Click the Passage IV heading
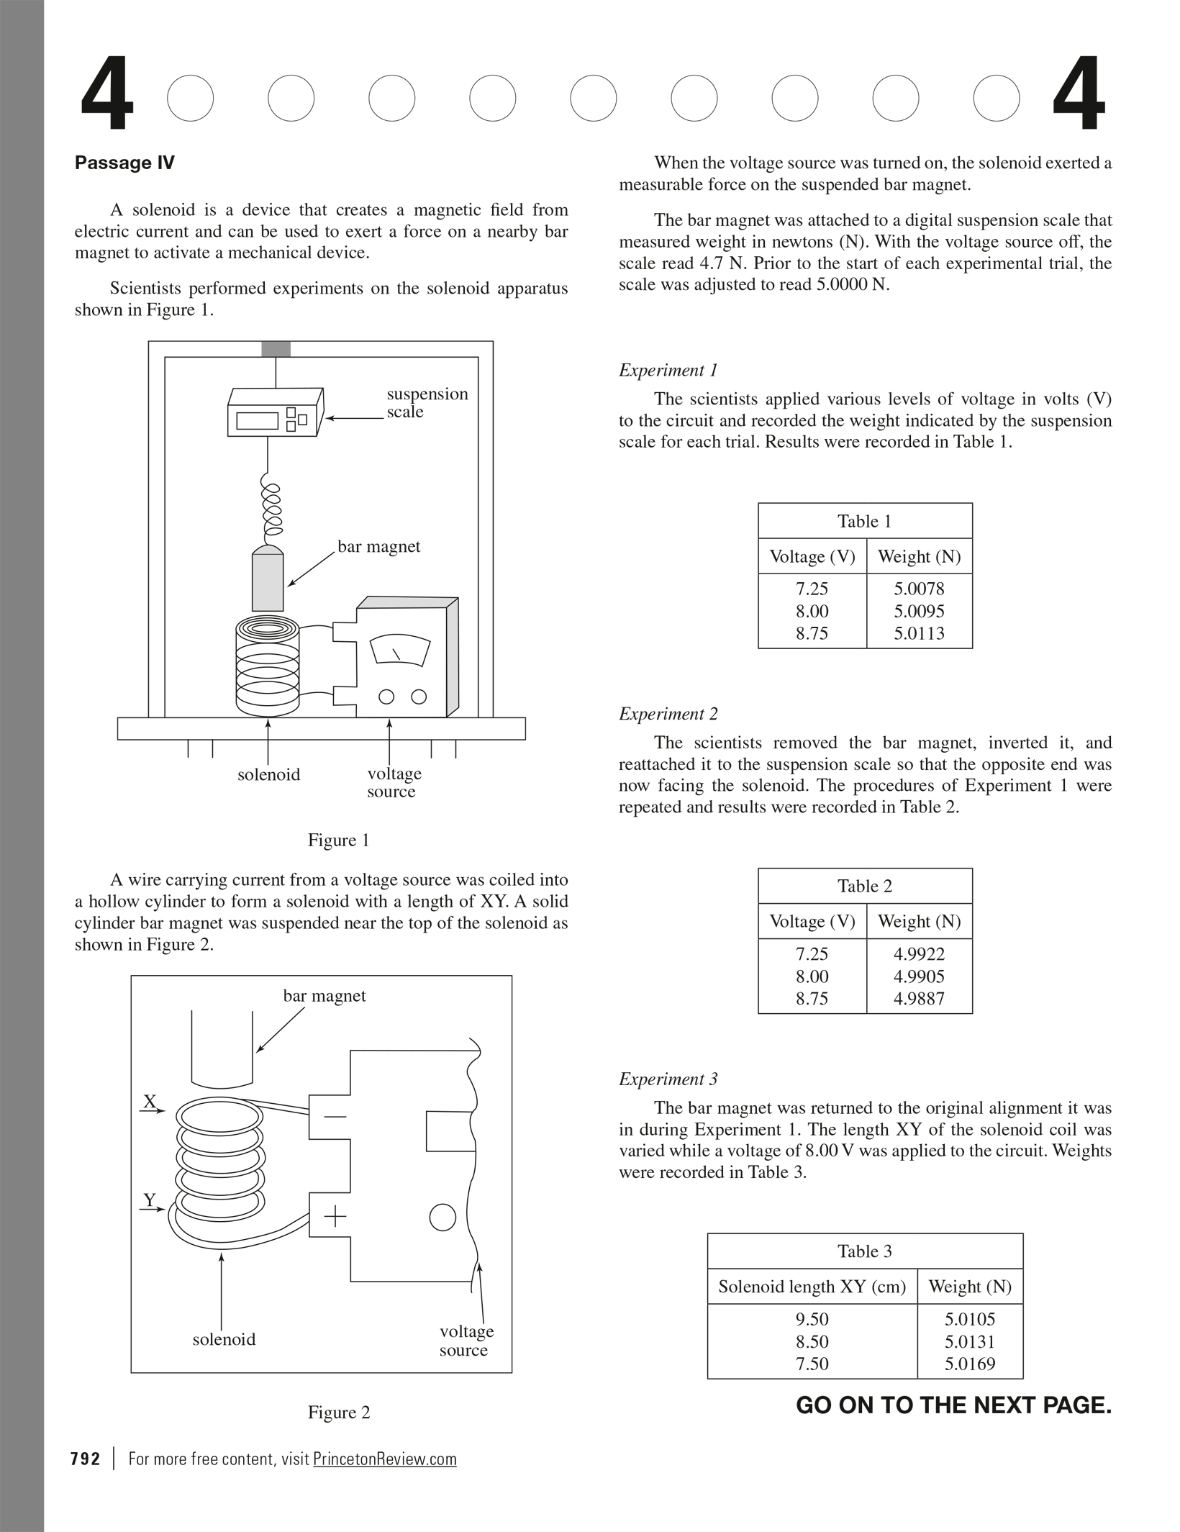click(124, 163)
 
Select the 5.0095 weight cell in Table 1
click(919, 611)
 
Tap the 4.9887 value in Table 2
click(919, 998)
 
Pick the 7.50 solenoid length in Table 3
click(812, 1364)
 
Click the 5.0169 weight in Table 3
click(969, 1364)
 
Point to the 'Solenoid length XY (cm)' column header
click(812, 1287)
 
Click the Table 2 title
click(864, 886)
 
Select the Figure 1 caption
click(338, 840)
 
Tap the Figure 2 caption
click(338, 1412)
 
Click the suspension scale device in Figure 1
click(274, 413)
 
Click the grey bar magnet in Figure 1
click(268, 579)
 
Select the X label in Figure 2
click(150, 1101)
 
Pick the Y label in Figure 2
click(150, 1200)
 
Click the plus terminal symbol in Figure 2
click(335, 1217)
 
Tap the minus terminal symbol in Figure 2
click(335, 1117)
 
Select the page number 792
click(86, 1459)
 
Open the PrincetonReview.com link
click(384, 1459)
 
